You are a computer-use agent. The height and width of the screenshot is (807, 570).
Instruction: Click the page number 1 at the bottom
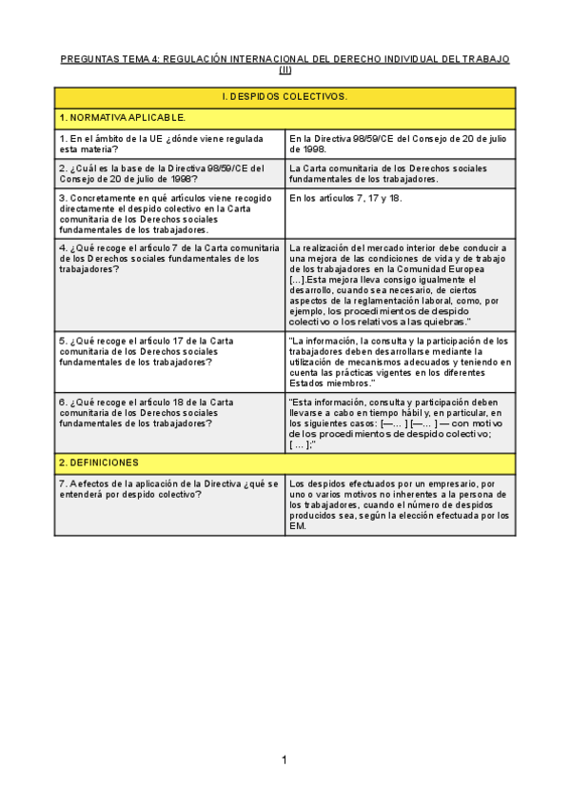pyautogui.click(x=284, y=759)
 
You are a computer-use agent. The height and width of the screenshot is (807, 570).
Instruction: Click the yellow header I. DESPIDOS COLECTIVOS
pyautogui.click(x=285, y=97)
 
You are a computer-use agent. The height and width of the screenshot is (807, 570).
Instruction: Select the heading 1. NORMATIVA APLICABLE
pyautogui.click(x=123, y=118)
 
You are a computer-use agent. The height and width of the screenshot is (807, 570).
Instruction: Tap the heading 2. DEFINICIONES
pyautogui.click(x=99, y=463)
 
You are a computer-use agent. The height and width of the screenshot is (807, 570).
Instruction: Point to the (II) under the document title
pyautogui.click(x=285, y=69)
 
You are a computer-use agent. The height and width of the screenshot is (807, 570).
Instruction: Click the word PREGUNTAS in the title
pyautogui.click(x=89, y=59)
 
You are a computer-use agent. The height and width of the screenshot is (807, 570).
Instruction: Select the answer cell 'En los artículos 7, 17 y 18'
pyautogui.click(x=345, y=198)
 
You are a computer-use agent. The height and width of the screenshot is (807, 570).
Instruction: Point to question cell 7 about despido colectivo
pyautogui.click(x=168, y=489)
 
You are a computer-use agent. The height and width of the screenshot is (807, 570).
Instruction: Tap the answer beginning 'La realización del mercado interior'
pyautogui.click(x=400, y=285)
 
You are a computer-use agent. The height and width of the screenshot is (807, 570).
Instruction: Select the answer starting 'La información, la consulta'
pyautogui.click(x=400, y=362)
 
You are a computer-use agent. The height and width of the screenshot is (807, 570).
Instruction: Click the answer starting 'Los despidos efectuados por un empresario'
pyautogui.click(x=400, y=505)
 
